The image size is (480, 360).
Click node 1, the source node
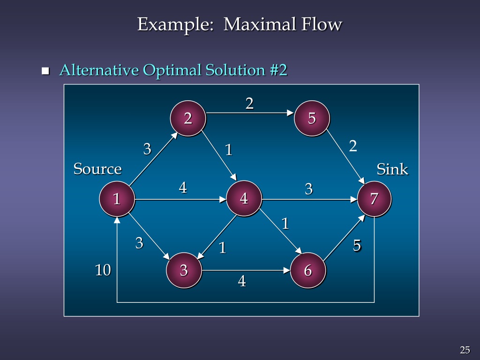pos(117,199)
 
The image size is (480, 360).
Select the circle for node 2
pos(188,119)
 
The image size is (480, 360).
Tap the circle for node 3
pos(184,270)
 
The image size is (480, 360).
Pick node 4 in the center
pos(244,199)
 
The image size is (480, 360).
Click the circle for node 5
pos(312,119)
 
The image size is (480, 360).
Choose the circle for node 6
pos(307,270)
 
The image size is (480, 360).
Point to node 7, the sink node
pos(374,199)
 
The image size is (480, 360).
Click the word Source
pos(97,169)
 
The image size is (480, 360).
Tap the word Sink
pos(392,169)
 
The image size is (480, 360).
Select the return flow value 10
pos(103,270)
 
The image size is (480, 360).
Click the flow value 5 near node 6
pos(357,246)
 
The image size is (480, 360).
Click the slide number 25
pos(465,350)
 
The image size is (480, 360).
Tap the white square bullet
pos(45,71)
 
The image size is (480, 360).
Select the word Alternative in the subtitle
pos(99,70)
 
